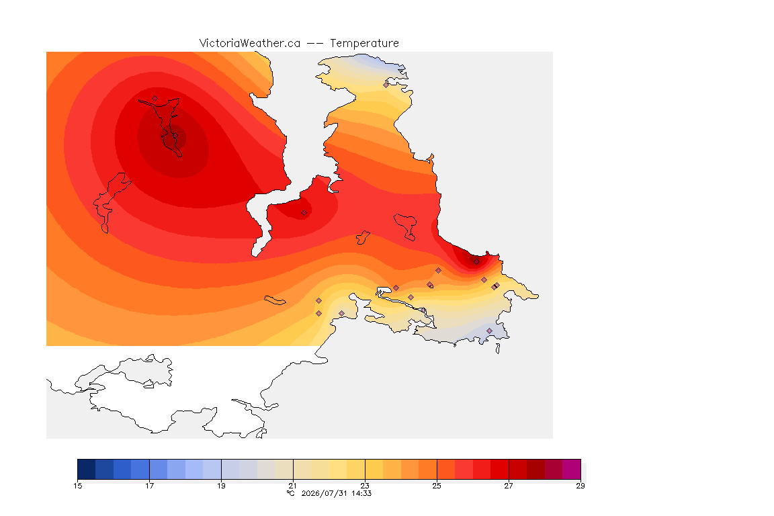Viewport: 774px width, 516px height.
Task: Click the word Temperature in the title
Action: tap(364, 44)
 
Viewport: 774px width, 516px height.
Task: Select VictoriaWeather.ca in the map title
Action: tap(250, 44)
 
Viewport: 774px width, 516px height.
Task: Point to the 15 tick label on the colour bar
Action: tap(77, 486)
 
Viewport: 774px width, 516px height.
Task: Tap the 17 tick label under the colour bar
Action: tap(150, 486)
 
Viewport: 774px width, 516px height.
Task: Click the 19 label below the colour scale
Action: tap(221, 486)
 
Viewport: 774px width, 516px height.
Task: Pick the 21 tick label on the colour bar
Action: tap(293, 486)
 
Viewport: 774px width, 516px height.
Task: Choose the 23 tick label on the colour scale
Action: tap(365, 486)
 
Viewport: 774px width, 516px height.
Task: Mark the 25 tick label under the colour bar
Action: tap(437, 486)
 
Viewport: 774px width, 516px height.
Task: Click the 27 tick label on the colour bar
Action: tap(509, 486)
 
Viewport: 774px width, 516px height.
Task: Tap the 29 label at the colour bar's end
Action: tap(580, 486)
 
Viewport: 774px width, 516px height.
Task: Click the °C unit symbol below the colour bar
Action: tap(291, 493)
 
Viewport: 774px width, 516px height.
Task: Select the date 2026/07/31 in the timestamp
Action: tap(325, 493)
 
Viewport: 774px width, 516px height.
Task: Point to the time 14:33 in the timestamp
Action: tap(361, 493)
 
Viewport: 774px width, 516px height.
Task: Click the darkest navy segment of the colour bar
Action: tap(87, 469)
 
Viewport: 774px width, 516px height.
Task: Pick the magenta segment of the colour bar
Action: tap(572, 469)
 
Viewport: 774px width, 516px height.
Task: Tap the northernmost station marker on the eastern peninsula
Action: tap(386, 85)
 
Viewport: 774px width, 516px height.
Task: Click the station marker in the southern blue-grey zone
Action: tap(489, 331)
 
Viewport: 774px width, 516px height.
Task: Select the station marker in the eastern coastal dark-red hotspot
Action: tap(476, 262)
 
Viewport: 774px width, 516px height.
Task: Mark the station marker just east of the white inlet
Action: tap(304, 213)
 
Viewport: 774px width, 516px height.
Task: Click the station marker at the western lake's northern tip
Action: tap(155, 99)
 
